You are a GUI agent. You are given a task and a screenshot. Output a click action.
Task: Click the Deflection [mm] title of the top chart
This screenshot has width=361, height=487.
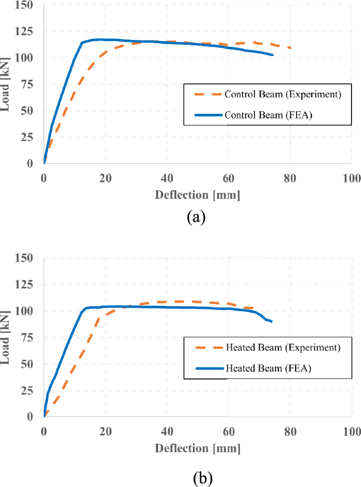point(197,196)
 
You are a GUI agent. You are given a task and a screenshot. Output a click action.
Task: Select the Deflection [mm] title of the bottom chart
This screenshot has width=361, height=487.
point(197,449)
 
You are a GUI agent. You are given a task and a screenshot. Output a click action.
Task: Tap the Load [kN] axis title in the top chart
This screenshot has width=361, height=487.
point(7,84)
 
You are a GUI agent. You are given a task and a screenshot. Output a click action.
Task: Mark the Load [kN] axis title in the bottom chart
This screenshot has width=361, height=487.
point(7,337)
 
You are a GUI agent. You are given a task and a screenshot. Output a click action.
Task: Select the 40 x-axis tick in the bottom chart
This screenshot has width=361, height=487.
point(167,431)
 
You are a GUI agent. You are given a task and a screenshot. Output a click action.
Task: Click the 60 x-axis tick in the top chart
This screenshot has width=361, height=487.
point(228,178)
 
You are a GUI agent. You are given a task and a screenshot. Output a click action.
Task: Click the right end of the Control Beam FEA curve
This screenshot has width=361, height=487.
point(272,55)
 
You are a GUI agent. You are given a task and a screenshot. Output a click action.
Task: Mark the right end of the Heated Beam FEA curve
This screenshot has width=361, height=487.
point(271,322)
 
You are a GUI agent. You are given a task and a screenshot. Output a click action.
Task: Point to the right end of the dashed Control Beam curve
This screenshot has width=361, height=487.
point(290,48)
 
